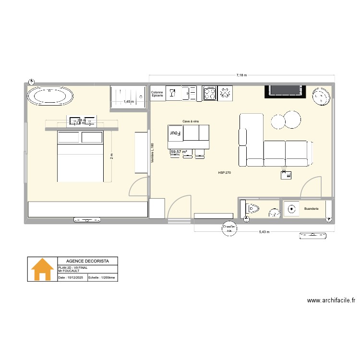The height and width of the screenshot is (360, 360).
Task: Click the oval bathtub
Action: click(x=50, y=96)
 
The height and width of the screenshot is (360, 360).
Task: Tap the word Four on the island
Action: click(x=175, y=133)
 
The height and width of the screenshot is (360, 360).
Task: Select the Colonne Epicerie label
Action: click(x=157, y=94)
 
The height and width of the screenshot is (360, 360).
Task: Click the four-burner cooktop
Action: click(x=210, y=93)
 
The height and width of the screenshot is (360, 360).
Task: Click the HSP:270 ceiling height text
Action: click(x=224, y=172)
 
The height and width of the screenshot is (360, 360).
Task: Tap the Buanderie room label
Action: click(x=311, y=209)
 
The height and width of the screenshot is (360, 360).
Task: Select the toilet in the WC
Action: click(x=252, y=209)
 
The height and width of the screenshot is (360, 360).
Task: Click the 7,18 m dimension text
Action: click(x=241, y=75)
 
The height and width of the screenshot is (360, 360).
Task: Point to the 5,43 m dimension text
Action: click(x=264, y=232)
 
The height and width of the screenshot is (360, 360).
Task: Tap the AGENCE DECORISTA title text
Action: click(x=87, y=261)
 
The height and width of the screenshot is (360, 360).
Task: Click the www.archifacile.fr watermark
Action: click(x=331, y=300)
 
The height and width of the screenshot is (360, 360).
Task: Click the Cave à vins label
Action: click(x=191, y=122)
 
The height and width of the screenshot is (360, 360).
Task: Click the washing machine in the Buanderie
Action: click(x=291, y=209)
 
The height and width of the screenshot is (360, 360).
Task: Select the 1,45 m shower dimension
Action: click(x=128, y=102)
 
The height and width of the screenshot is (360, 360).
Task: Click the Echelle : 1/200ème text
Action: click(x=102, y=277)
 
